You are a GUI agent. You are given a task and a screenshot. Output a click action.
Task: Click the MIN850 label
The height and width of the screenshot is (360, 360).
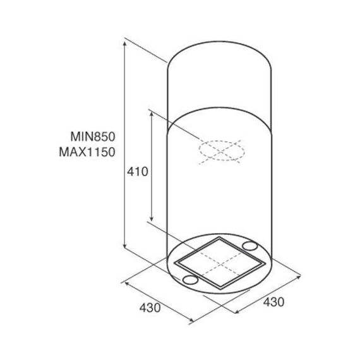[x=93, y=136]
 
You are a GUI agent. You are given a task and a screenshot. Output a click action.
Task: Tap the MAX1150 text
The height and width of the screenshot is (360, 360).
[x=87, y=152]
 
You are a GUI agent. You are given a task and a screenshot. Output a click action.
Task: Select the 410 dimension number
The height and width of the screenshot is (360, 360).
[x=138, y=172]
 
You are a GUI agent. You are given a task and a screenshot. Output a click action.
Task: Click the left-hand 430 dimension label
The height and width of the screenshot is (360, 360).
[x=150, y=308]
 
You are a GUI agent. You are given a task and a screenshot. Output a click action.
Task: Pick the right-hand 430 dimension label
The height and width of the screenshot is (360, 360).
[x=273, y=302]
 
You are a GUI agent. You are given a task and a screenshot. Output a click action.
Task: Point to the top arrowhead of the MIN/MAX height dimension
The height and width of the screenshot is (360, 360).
[x=124, y=44]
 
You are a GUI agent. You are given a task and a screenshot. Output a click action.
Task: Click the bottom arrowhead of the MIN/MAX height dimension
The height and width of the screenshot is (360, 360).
[x=124, y=246]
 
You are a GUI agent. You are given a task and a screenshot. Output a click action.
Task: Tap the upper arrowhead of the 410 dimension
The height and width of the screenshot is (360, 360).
[x=152, y=114]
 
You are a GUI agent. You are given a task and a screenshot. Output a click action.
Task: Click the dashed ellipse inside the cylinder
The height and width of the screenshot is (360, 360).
[x=222, y=141]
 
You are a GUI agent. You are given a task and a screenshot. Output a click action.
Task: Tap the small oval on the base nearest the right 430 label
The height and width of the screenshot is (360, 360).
[x=250, y=246]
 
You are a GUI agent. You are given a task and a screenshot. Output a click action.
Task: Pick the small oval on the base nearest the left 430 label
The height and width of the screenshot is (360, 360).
[x=190, y=279]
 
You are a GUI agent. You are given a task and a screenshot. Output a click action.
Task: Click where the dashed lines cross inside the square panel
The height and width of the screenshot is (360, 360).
[x=221, y=264]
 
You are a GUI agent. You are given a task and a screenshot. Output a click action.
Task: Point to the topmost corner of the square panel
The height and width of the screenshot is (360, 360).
[x=220, y=237]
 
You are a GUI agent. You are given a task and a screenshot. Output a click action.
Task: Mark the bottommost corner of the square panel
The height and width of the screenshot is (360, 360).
[x=220, y=289]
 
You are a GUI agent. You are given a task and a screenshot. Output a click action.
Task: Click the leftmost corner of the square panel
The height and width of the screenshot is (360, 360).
[x=175, y=263]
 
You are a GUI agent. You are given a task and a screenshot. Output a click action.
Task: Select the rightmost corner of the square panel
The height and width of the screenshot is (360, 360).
[x=263, y=263]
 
